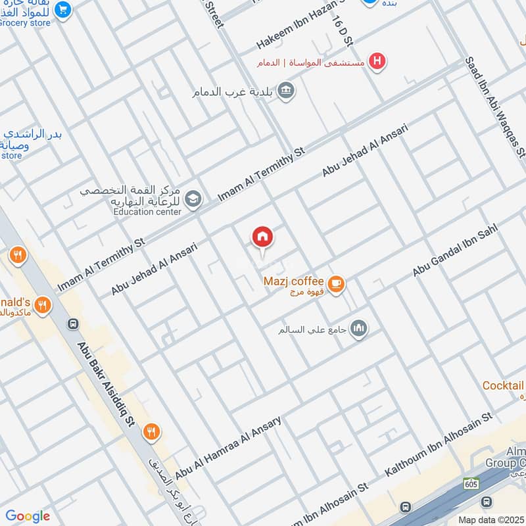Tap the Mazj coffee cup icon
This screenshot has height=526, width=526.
pos(337,284)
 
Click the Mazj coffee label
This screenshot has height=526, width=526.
pos(293,281)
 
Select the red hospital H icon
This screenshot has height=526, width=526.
pos(377,62)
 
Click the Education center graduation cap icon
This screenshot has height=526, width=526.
pos(193,199)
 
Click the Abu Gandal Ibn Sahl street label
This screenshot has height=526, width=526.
pos(455,251)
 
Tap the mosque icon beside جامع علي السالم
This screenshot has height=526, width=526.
pos(358,327)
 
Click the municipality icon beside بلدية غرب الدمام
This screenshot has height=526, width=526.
pos(285,90)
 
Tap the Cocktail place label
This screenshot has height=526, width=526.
pos(502,386)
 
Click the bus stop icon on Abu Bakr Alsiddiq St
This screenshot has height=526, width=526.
pos(73,324)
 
